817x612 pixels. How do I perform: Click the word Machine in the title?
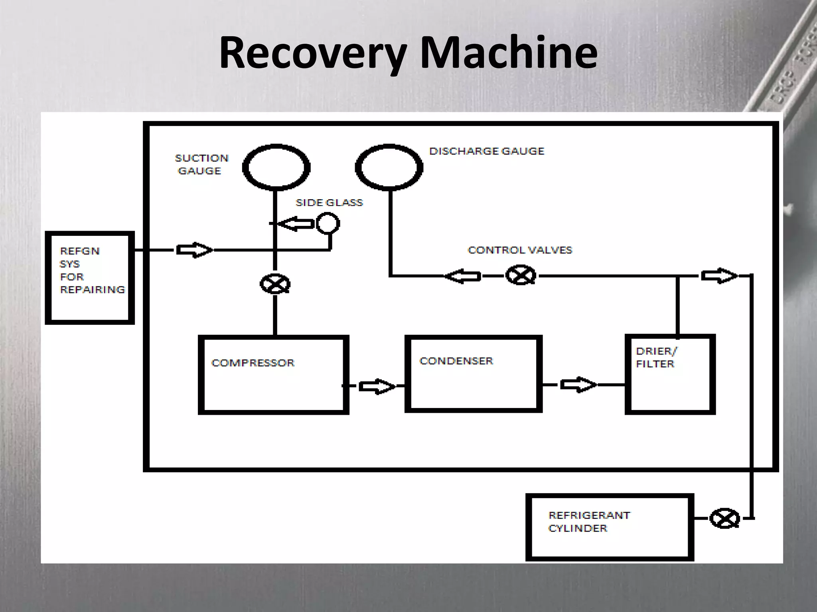(x=509, y=53)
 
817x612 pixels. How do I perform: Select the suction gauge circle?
(x=276, y=167)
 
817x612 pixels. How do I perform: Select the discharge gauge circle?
(x=389, y=167)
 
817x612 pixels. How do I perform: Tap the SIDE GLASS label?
(x=329, y=202)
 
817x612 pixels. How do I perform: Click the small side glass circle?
(x=328, y=224)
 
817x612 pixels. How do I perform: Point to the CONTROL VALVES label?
(x=520, y=250)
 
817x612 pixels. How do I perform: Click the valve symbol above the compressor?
(x=275, y=284)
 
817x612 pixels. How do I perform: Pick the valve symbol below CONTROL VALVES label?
(x=521, y=275)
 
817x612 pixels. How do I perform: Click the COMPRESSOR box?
(x=274, y=375)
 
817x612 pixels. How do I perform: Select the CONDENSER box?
(x=474, y=373)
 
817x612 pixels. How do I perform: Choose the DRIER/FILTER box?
(x=670, y=374)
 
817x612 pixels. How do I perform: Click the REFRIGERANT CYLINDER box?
(x=610, y=527)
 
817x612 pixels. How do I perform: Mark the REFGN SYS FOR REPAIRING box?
(x=90, y=278)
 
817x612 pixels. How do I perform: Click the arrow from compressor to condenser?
(x=377, y=386)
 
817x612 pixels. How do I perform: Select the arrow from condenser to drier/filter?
(x=578, y=384)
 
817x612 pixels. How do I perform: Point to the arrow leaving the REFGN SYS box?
(x=195, y=250)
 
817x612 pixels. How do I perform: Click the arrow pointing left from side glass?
(x=295, y=224)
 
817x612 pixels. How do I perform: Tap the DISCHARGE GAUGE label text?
(x=487, y=151)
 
